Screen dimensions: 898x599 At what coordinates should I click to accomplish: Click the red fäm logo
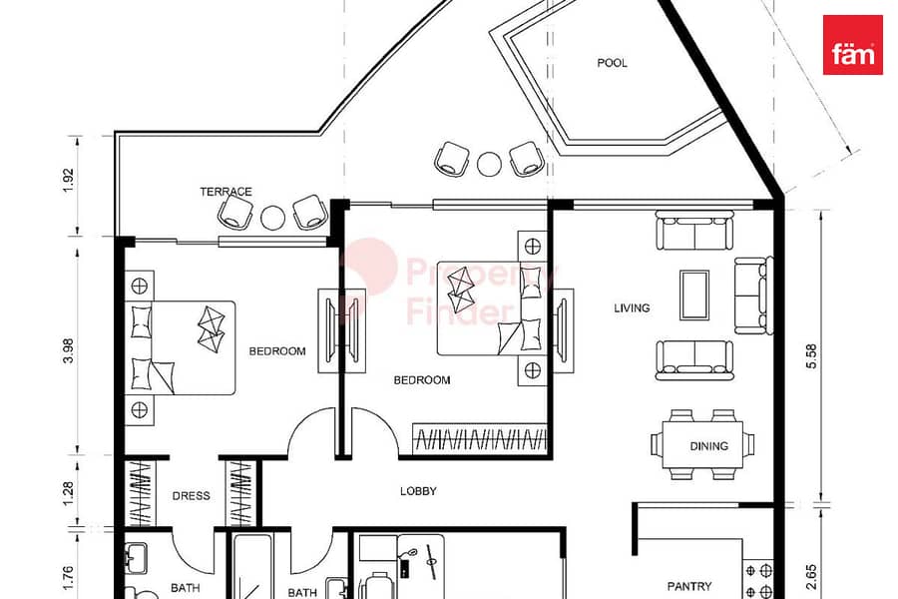[852, 45]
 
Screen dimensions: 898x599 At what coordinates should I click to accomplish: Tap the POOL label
[613, 63]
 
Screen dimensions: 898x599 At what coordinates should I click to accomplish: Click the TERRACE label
[225, 192]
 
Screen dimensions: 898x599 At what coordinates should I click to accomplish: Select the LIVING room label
[632, 307]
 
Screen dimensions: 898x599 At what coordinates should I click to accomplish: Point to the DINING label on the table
[709, 446]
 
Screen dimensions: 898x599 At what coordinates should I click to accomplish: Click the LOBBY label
[418, 491]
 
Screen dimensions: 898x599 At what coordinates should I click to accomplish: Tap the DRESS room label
[192, 496]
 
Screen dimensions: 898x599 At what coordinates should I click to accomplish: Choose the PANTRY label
[689, 586]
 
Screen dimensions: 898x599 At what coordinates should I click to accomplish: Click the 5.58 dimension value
[811, 356]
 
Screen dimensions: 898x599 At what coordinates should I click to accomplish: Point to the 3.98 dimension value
[69, 350]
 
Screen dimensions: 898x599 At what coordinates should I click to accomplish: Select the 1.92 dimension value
[69, 180]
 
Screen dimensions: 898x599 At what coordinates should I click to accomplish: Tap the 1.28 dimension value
[69, 493]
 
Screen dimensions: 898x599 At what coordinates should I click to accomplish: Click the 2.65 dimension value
[811, 577]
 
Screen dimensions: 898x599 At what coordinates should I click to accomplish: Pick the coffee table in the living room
[694, 295]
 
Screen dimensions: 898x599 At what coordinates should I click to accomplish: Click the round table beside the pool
[489, 164]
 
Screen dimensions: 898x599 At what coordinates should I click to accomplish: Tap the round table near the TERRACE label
[272, 218]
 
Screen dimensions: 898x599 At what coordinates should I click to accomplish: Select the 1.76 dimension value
[69, 578]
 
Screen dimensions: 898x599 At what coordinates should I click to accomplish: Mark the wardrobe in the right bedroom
[480, 439]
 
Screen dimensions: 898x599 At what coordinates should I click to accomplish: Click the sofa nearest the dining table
[694, 360]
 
